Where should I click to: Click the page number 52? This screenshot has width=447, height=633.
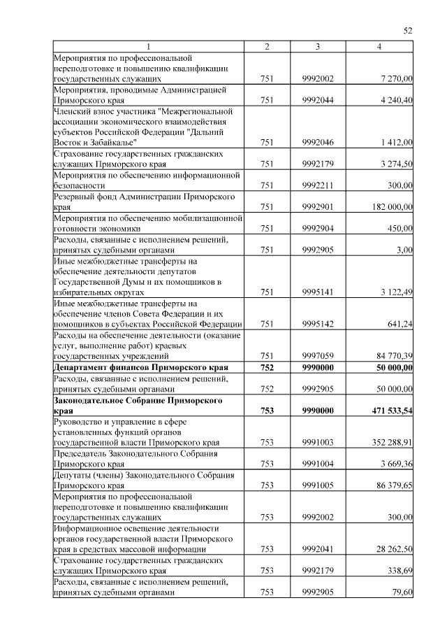[x=409, y=30]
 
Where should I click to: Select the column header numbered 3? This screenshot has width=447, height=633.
[x=317, y=47]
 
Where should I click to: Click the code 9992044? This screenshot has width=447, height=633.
[x=318, y=100]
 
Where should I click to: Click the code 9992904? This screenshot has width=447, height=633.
[x=318, y=228]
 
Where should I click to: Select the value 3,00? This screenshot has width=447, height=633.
[x=402, y=250]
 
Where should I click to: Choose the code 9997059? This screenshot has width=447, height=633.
[x=318, y=356]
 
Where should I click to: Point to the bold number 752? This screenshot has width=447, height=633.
[x=266, y=367]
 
